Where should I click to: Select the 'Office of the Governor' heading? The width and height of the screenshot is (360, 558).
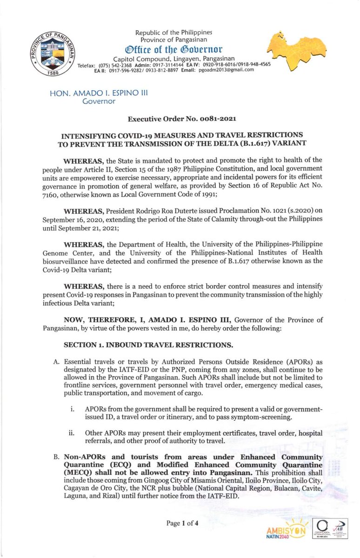click(173, 49)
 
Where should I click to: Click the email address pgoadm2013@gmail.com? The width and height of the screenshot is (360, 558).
click(226, 70)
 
